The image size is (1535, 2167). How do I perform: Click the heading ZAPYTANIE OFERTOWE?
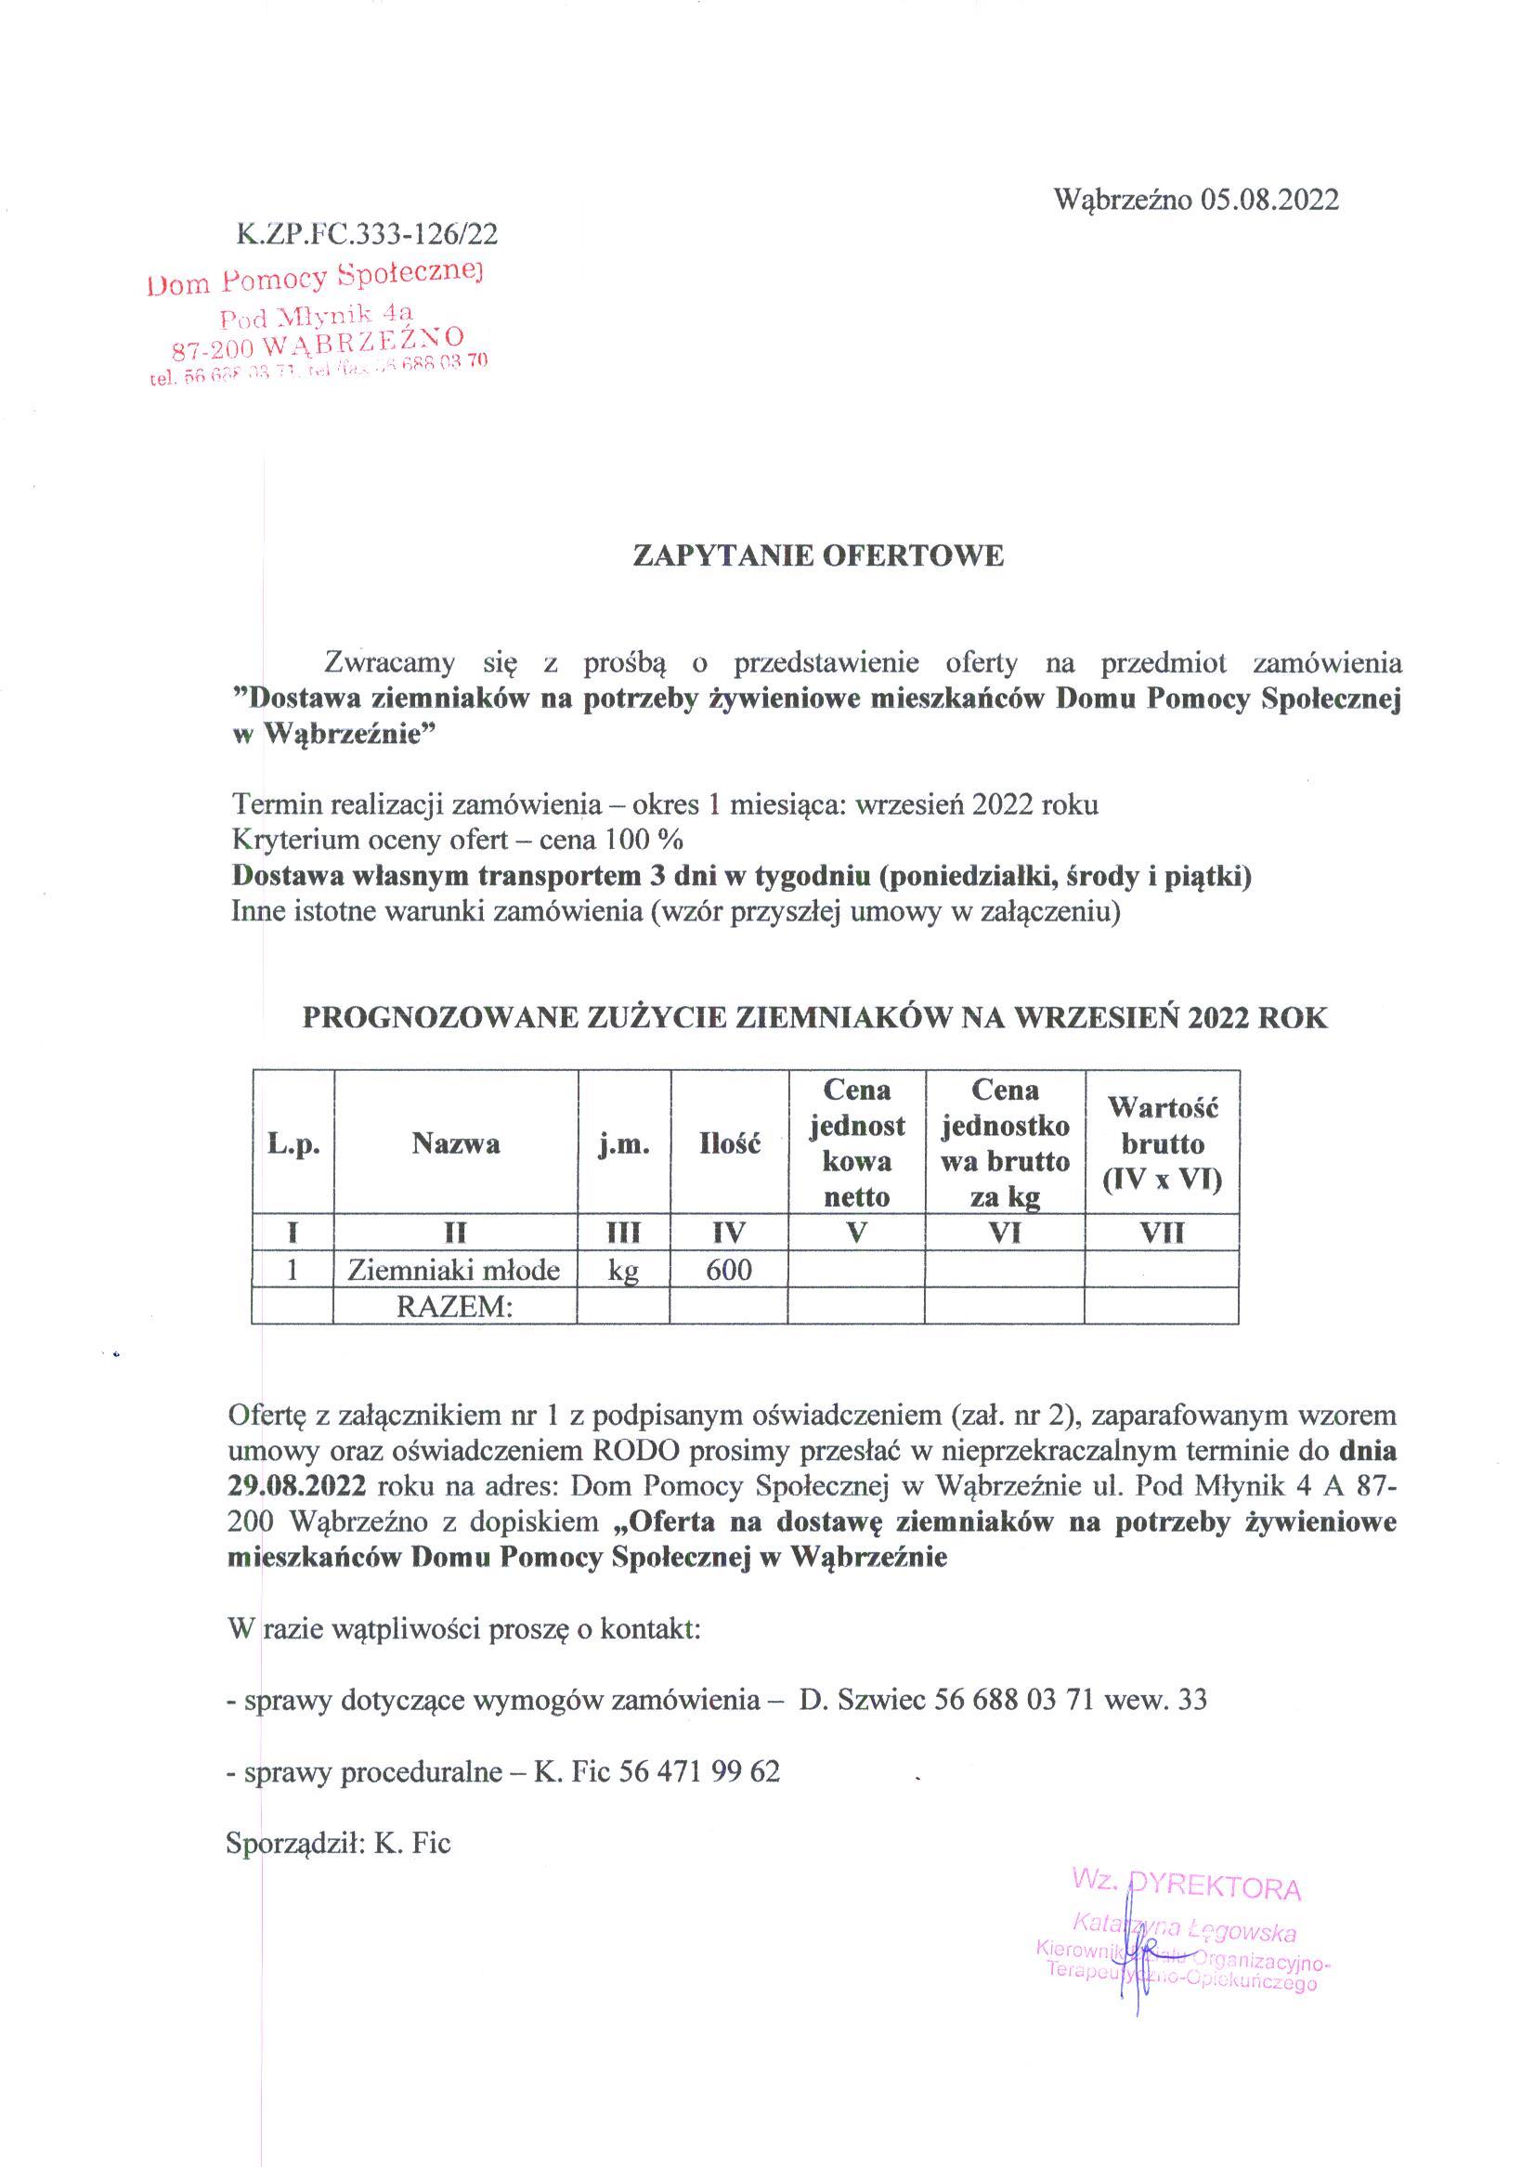817,555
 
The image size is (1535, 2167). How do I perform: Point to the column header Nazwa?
456,1144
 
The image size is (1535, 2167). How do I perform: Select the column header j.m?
624,1144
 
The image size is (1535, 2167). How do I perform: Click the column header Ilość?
729,1144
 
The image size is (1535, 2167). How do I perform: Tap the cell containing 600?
729,1269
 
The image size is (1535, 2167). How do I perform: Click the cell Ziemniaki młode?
454,1269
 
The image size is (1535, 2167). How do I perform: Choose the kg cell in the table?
624,1269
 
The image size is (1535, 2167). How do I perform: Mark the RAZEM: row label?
454,1306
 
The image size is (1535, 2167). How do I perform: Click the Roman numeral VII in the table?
1162,1233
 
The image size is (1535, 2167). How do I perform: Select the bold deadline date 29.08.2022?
297,1485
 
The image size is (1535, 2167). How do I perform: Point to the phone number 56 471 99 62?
699,1771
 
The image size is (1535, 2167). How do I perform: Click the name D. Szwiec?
861,1700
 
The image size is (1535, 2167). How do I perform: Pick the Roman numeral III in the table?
624,1233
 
